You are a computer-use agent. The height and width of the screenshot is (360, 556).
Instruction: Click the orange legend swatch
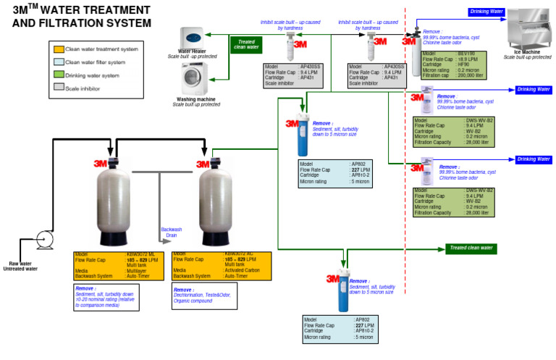coord(59,49)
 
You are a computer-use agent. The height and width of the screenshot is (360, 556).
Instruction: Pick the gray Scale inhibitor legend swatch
coord(59,88)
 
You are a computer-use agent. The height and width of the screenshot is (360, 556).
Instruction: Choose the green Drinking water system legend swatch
coord(59,75)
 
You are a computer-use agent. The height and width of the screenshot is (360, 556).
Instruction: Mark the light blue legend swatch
coord(59,62)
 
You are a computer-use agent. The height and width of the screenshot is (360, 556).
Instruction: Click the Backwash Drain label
coord(172,233)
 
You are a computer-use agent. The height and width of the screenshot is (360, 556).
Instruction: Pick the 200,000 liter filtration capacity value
coord(471,75)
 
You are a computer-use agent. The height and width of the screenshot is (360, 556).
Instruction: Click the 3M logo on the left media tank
coord(101,164)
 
